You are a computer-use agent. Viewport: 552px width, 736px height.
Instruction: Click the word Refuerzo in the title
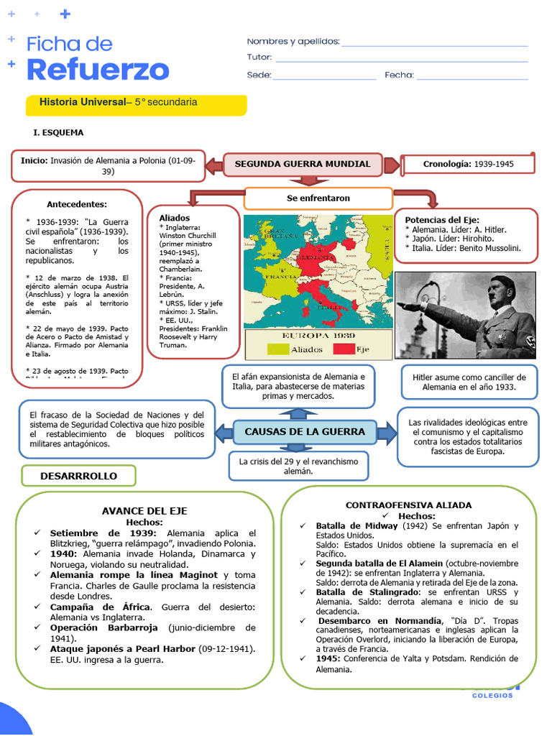pos(98,70)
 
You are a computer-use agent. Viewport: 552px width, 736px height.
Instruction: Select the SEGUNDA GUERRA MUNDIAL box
pos(303,164)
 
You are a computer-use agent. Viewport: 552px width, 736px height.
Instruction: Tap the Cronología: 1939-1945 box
pos(468,165)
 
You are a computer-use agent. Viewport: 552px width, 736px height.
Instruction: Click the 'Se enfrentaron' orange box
pos(318,198)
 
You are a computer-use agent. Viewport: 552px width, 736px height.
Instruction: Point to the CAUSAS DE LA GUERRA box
pos(305,431)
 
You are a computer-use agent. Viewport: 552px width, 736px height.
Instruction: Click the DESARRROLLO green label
pos(78,476)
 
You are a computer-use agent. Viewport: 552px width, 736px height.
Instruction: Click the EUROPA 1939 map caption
pos(318,336)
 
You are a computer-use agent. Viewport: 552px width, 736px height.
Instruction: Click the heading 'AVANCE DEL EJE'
pos(144,511)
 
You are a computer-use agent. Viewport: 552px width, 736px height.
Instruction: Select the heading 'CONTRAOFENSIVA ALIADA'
pos(408,505)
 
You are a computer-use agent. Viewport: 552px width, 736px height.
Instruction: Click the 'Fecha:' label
pos(399,75)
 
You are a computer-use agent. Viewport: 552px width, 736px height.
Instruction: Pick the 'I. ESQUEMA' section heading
pos(58,133)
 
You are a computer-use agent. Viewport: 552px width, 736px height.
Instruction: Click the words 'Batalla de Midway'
pos(356,526)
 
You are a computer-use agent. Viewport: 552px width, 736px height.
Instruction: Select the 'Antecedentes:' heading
pos(77,204)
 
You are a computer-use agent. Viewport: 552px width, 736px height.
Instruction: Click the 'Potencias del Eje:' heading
pos(442,220)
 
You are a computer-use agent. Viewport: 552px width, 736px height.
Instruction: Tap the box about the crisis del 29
pos(298,466)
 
